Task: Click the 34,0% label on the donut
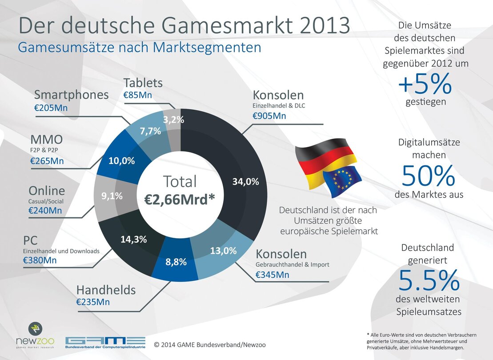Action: (245, 181)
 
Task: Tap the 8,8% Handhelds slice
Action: (176, 262)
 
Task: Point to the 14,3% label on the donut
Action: (133, 239)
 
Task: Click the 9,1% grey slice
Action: (112, 196)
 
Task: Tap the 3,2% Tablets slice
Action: (173, 120)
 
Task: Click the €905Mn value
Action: (269, 116)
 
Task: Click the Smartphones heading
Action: (71, 95)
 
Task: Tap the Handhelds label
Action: (106, 290)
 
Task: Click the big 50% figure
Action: (428, 176)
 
